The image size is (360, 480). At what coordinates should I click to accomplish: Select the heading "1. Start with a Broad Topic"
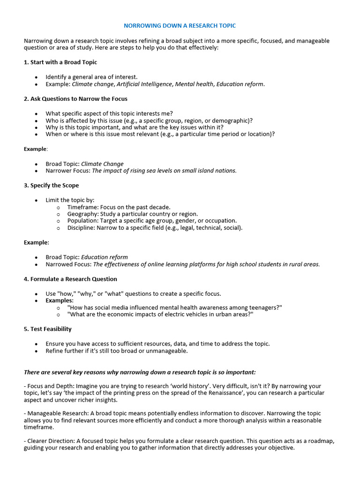[x=60, y=62]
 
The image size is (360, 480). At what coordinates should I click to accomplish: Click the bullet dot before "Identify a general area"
[x=36, y=77]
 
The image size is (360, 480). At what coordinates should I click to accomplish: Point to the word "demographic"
[x=232, y=120]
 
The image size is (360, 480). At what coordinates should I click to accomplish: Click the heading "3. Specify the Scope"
[x=51, y=185]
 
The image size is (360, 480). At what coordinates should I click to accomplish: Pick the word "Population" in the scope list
[x=82, y=221]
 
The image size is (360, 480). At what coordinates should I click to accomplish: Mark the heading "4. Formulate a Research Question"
[x=70, y=279]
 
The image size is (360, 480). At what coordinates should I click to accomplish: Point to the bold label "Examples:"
[x=60, y=300]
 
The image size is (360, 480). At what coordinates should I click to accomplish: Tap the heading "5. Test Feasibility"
[x=48, y=329]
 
